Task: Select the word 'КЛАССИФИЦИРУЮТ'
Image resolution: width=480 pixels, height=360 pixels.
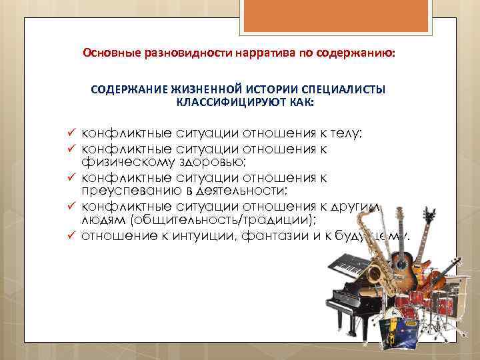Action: [229, 103]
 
